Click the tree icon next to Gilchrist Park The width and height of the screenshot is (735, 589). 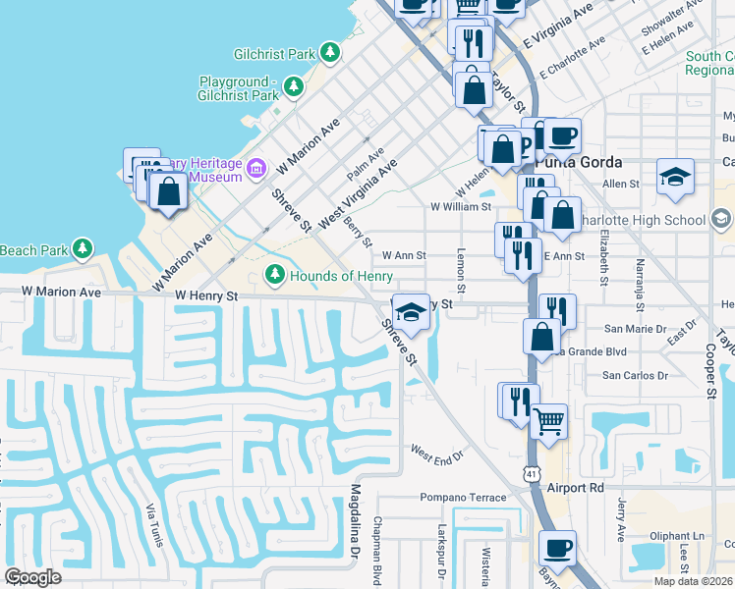click(x=332, y=52)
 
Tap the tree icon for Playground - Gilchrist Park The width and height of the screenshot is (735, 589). click(x=293, y=88)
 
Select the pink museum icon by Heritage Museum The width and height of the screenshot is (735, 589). click(x=256, y=169)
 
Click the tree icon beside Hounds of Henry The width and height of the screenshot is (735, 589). click(x=276, y=275)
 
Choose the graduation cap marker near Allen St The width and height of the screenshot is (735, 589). click(x=675, y=177)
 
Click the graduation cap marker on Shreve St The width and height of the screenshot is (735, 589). click(x=412, y=312)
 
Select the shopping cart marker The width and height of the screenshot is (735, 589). click(x=548, y=420)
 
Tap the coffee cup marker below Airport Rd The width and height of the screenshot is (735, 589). click(x=558, y=547)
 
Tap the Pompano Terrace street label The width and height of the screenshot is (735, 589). click(x=464, y=498)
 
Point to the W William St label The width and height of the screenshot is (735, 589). click(x=461, y=207)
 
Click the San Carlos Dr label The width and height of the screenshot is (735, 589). click(x=634, y=375)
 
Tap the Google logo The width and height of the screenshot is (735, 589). click(x=33, y=577)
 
